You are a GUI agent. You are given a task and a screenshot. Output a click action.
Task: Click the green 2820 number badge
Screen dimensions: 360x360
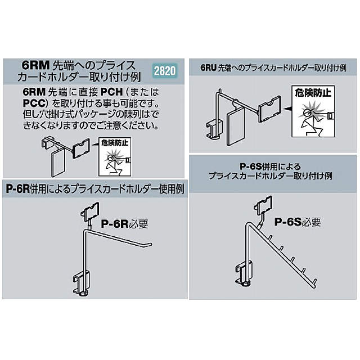coord(165,71)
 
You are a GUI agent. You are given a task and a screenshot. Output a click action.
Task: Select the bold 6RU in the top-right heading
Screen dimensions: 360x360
coord(210,68)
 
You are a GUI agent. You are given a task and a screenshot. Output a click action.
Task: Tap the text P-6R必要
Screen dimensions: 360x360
coord(124,223)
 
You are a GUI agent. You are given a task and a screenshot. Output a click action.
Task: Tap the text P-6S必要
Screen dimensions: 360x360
coord(298,222)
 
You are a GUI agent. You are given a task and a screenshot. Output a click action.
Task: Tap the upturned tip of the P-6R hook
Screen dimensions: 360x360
coord(149,244)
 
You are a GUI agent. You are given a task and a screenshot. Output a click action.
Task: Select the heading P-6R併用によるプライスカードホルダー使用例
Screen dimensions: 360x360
coord(95,188)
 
